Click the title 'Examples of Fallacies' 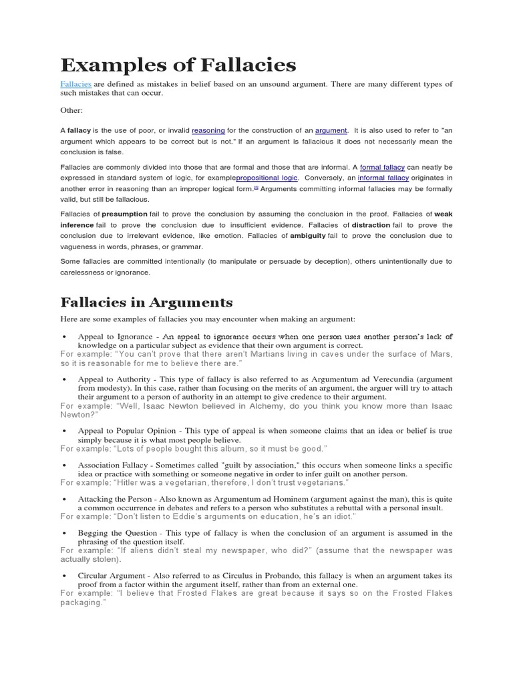(178, 65)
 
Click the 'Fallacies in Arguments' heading (146, 302)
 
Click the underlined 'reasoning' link (208, 131)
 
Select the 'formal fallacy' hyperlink (382, 167)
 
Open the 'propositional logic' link (267, 178)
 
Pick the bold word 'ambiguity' (308, 236)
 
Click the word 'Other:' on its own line (71, 110)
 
